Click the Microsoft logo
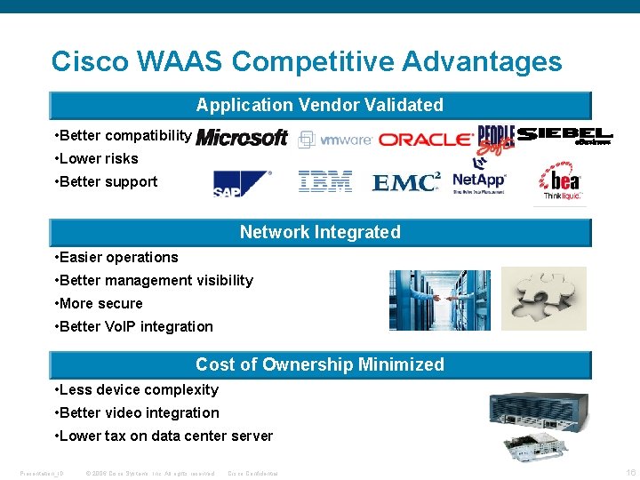coord(242,138)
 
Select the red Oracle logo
coord(425,140)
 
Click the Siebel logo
coord(564,135)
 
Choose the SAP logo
coord(242,182)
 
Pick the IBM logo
coord(325,182)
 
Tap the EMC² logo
coord(406,182)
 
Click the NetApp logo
coord(479,181)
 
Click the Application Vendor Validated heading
coord(319,105)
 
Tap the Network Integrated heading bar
coord(319,232)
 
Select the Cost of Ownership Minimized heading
coord(319,364)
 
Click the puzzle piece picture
coord(543,299)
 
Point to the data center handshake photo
coord(427,300)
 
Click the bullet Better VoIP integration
coord(135,326)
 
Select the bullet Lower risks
coord(98,158)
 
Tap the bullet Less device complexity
coord(138,389)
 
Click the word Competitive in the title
coord(316,61)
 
